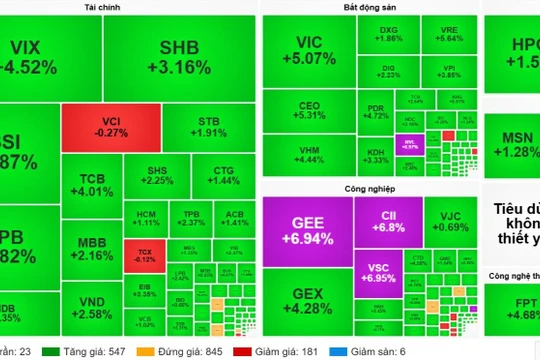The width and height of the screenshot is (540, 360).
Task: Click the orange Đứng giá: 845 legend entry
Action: pos(208,351)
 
